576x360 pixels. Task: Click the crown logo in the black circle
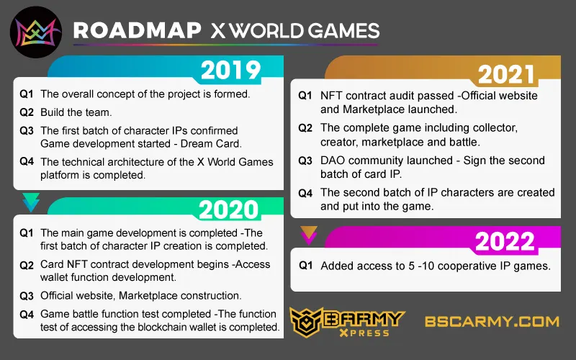(x=35, y=32)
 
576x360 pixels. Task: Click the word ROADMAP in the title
(x=138, y=30)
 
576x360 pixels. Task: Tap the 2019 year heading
(x=230, y=70)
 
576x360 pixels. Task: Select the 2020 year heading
(x=229, y=210)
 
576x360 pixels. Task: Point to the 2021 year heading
(x=506, y=75)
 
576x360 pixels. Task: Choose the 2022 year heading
(x=505, y=241)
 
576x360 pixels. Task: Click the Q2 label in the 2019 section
(x=27, y=112)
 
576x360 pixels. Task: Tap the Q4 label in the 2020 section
(x=27, y=315)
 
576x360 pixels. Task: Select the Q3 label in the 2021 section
(x=305, y=161)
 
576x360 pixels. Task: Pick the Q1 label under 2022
(x=305, y=266)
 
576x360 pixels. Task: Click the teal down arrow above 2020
(x=31, y=202)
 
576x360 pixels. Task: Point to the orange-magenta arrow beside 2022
(x=309, y=235)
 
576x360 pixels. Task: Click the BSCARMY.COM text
(x=492, y=321)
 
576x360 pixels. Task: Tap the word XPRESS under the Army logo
(x=364, y=333)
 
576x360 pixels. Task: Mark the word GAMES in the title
(x=343, y=30)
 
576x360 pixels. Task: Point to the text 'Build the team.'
(x=76, y=112)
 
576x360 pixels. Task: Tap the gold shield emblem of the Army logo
(x=305, y=321)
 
